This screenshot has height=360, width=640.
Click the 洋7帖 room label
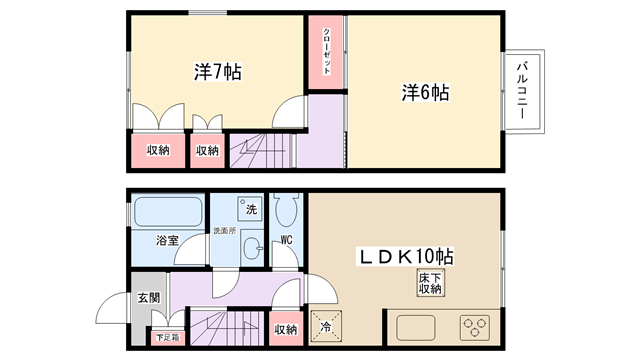tap(218, 72)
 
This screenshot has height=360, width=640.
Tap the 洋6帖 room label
tap(425, 93)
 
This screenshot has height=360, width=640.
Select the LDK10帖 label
tap(405, 256)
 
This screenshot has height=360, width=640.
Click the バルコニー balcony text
tap(522, 90)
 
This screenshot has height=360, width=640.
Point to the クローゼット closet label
tap(327, 51)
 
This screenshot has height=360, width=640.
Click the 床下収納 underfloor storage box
tap(430, 283)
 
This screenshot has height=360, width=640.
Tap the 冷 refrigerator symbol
tap(326, 327)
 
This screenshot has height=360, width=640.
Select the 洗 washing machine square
tap(250, 209)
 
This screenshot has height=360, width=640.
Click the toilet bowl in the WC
tap(286, 210)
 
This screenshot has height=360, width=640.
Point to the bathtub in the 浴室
tap(168, 212)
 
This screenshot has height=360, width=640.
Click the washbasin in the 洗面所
tap(253, 248)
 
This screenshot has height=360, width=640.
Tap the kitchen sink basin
tap(416, 328)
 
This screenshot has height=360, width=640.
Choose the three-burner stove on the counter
tap(475, 327)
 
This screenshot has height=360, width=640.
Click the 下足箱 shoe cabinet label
tap(168, 338)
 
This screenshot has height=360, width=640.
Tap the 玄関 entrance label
tap(149, 298)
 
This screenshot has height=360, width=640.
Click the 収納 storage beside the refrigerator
tap(286, 329)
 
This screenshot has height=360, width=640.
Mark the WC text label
tap(287, 240)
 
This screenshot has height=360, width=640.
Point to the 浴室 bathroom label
tap(167, 240)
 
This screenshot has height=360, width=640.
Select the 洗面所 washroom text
tap(225, 231)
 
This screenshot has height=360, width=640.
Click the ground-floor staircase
tap(227, 328)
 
